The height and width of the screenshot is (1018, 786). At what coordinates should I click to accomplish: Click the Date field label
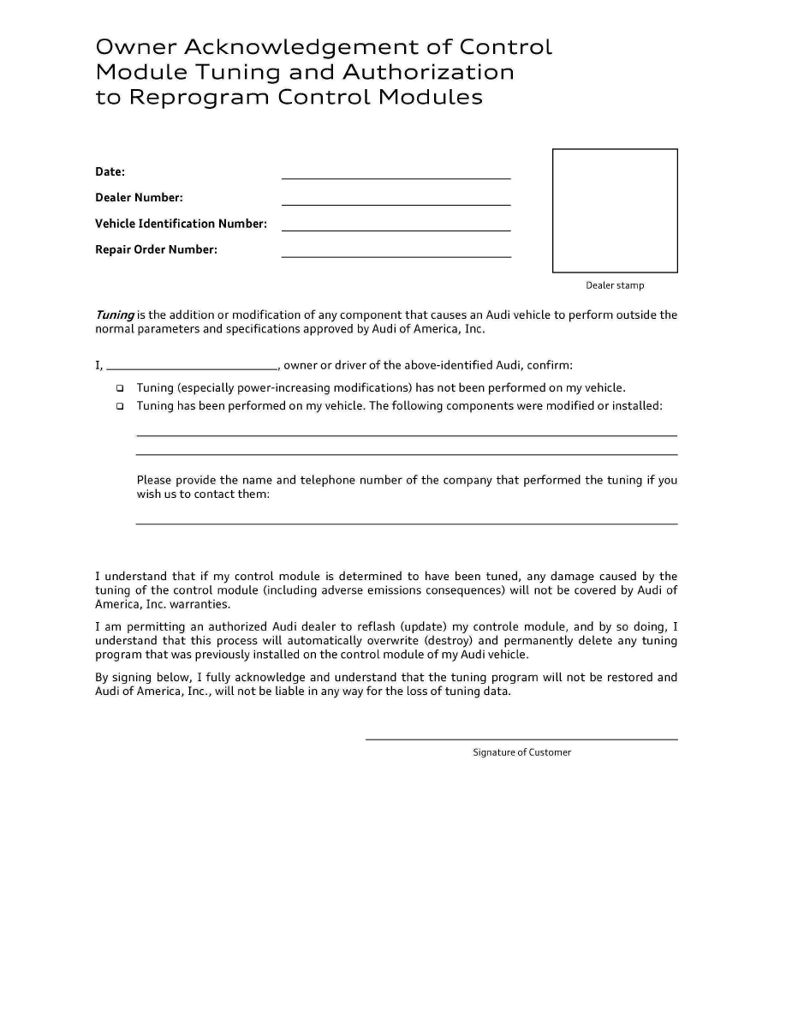click(x=110, y=171)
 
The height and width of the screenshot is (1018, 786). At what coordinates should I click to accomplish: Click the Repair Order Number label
click(x=156, y=249)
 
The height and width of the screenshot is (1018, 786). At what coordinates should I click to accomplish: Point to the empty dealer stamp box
click(x=615, y=211)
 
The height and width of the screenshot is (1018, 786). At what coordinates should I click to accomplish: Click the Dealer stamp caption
click(x=615, y=285)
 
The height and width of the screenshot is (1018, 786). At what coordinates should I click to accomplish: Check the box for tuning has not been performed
click(x=120, y=388)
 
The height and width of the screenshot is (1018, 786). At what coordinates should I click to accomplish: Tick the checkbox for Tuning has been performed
click(x=120, y=406)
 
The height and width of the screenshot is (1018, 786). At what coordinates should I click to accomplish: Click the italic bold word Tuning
click(x=114, y=314)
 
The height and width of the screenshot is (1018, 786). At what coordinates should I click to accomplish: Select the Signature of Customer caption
click(x=521, y=752)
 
